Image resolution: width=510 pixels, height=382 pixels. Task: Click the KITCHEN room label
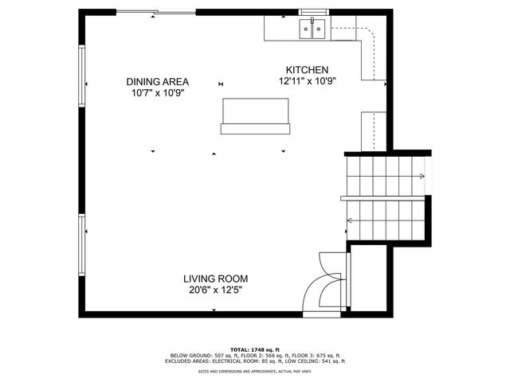point(302,70)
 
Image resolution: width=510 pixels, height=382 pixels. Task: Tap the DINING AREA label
point(157,81)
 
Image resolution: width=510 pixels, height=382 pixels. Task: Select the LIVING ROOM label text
point(215,279)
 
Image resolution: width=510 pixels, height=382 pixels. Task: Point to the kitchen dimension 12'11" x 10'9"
point(303,81)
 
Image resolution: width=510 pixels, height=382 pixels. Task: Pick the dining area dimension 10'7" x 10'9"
point(158,93)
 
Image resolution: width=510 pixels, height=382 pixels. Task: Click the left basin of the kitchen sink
point(307,30)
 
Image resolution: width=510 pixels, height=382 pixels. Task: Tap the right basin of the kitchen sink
point(320,30)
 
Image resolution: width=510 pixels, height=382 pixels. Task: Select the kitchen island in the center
point(255,113)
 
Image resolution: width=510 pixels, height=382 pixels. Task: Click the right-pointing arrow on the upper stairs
point(418,176)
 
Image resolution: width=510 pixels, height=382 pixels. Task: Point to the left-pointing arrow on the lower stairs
point(351,220)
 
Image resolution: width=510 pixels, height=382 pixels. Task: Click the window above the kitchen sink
point(312,12)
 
